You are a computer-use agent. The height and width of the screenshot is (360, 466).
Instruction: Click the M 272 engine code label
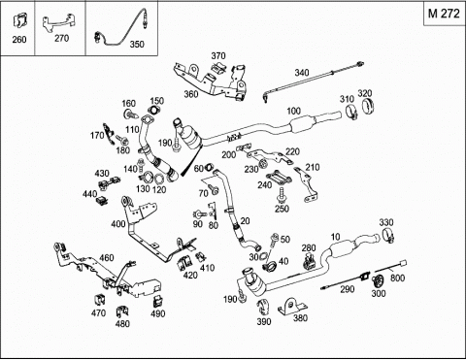pyautogui.click(x=444, y=14)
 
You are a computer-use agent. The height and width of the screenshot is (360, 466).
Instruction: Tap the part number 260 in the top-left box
pyautogui.click(x=19, y=40)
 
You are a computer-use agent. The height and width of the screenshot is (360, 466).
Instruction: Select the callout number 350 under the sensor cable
pyautogui.click(x=137, y=45)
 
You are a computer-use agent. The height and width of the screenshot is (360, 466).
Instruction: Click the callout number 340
pyautogui.click(x=302, y=73)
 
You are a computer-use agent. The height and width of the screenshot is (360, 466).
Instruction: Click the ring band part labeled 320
pyautogui.click(x=367, y=107)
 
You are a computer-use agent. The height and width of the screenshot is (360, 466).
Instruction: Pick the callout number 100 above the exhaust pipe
pyautogui.click(x=293, y=111)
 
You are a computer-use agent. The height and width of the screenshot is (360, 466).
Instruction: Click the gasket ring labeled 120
pyautogui.click(x=159, y=180)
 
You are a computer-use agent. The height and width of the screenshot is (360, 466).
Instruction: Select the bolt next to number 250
pyautogui.click(x=282, y=195)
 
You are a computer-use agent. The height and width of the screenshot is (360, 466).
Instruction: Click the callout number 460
pyautogui.click(x=107, y=258)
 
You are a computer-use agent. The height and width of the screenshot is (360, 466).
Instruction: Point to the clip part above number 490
pyautogui.click(x=157, y=301)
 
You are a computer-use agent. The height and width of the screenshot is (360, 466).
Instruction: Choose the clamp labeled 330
pyautogui.click(x=387, y=236)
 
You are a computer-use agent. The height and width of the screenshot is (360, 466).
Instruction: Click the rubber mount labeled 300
pyautogui.click(x=377, y=280)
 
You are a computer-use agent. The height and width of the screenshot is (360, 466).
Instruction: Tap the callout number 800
pyautogui.click(x=397, y=278)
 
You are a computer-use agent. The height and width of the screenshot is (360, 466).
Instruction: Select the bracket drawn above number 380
pyautogui.click(x=291, y=306)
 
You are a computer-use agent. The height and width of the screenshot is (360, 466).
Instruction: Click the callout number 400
pyautogui.click(x=117, y=224)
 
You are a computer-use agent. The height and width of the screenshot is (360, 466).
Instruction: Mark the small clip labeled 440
pyautogui.click(x=102, y=200)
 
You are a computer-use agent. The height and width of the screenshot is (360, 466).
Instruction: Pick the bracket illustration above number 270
pyautogui.click(x=58, y=23)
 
